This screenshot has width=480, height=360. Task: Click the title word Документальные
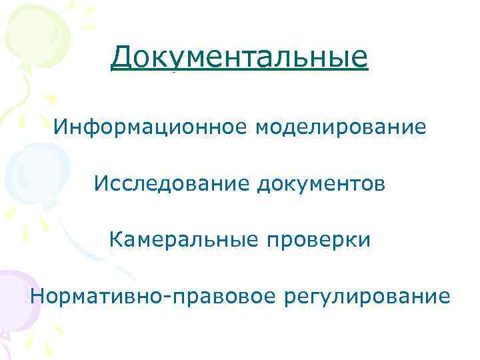[239, 58]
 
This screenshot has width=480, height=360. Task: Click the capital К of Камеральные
[115, 239]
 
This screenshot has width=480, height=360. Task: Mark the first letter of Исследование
[101, 183]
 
